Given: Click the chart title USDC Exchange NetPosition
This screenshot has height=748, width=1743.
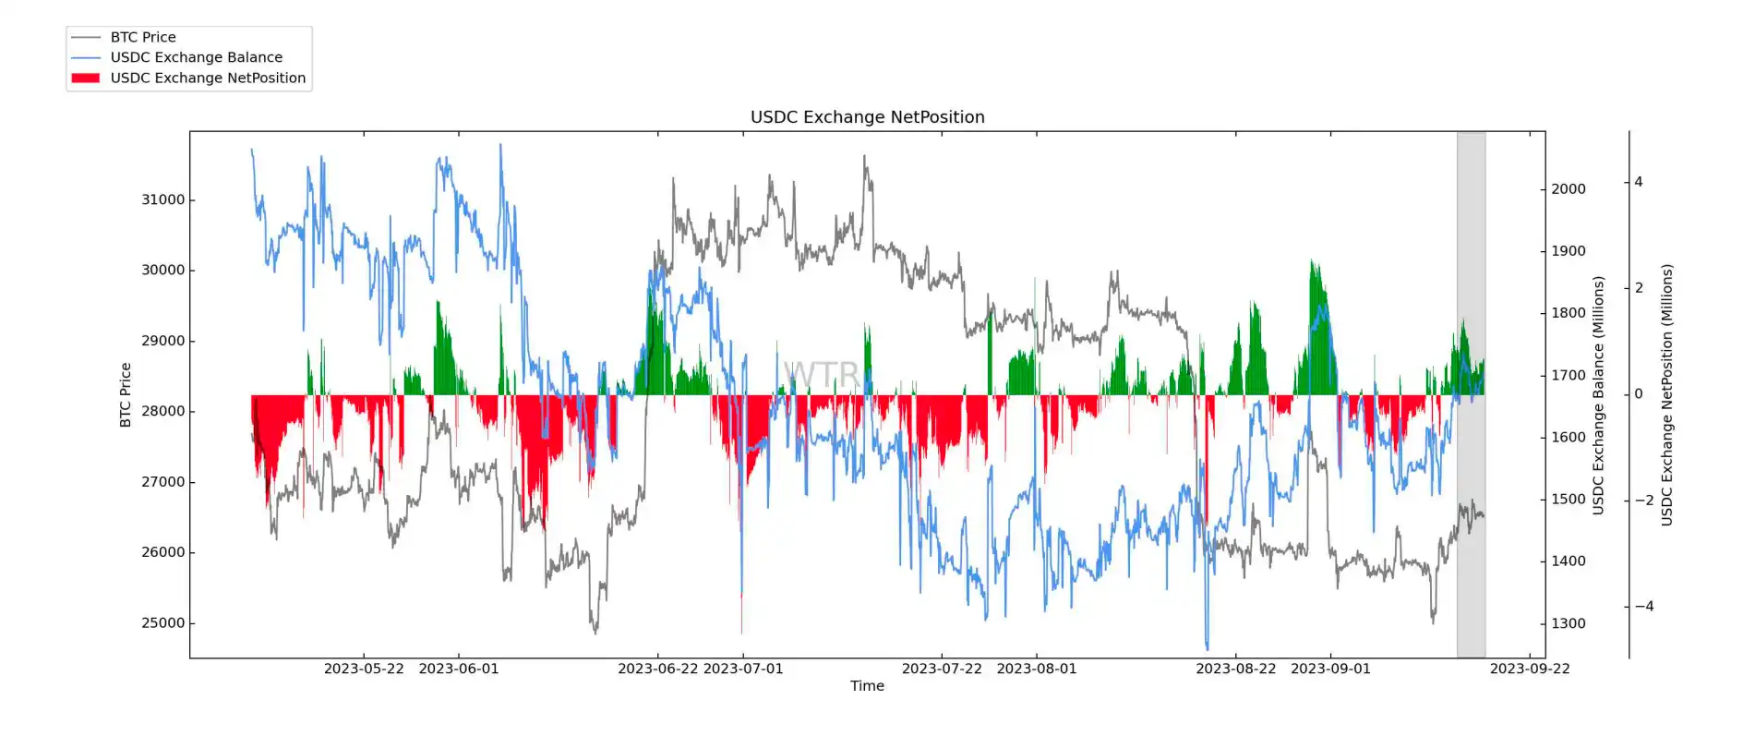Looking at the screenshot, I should click(x=867, y=117).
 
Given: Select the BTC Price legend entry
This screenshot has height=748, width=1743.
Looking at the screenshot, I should click(x=143, y=37).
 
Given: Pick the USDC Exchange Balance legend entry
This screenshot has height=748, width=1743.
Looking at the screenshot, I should click(x=196, y=57).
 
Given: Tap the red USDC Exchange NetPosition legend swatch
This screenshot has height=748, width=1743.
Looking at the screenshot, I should click(x=86, y=78).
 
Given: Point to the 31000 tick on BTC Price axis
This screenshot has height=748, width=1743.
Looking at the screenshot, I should click(x=162, y=199).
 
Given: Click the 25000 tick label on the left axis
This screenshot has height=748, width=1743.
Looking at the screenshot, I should click(x=162, y=623).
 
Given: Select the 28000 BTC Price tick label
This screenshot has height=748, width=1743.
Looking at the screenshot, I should click(x=162, y=411).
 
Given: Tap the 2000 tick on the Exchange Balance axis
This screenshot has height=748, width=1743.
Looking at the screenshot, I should click(x=1568, y=189).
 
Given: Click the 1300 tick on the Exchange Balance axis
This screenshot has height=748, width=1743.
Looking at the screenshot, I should click(x=1568, y=623).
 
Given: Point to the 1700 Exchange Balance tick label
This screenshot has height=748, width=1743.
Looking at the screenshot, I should click(x=1568, y=376).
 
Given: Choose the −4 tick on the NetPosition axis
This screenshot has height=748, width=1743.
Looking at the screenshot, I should click(x=1643, y=607).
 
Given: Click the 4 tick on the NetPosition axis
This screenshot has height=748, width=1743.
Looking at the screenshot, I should click(x=1639, y=182).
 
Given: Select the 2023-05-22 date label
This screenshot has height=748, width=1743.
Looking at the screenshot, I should click(x=364, y=669).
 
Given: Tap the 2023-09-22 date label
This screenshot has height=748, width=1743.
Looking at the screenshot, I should click(x=1530, y=669).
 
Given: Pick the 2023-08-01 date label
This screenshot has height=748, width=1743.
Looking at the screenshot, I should click(x=1037, y=669).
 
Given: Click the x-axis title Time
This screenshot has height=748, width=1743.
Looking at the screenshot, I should click(x=867, y=686).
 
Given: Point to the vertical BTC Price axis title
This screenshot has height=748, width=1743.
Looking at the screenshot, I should click(x=126, y=394).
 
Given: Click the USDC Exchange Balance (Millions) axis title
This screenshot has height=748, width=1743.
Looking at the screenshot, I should click(x=1598, y=394).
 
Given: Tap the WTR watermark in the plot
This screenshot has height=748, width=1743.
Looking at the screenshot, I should click(x=821, y=374).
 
